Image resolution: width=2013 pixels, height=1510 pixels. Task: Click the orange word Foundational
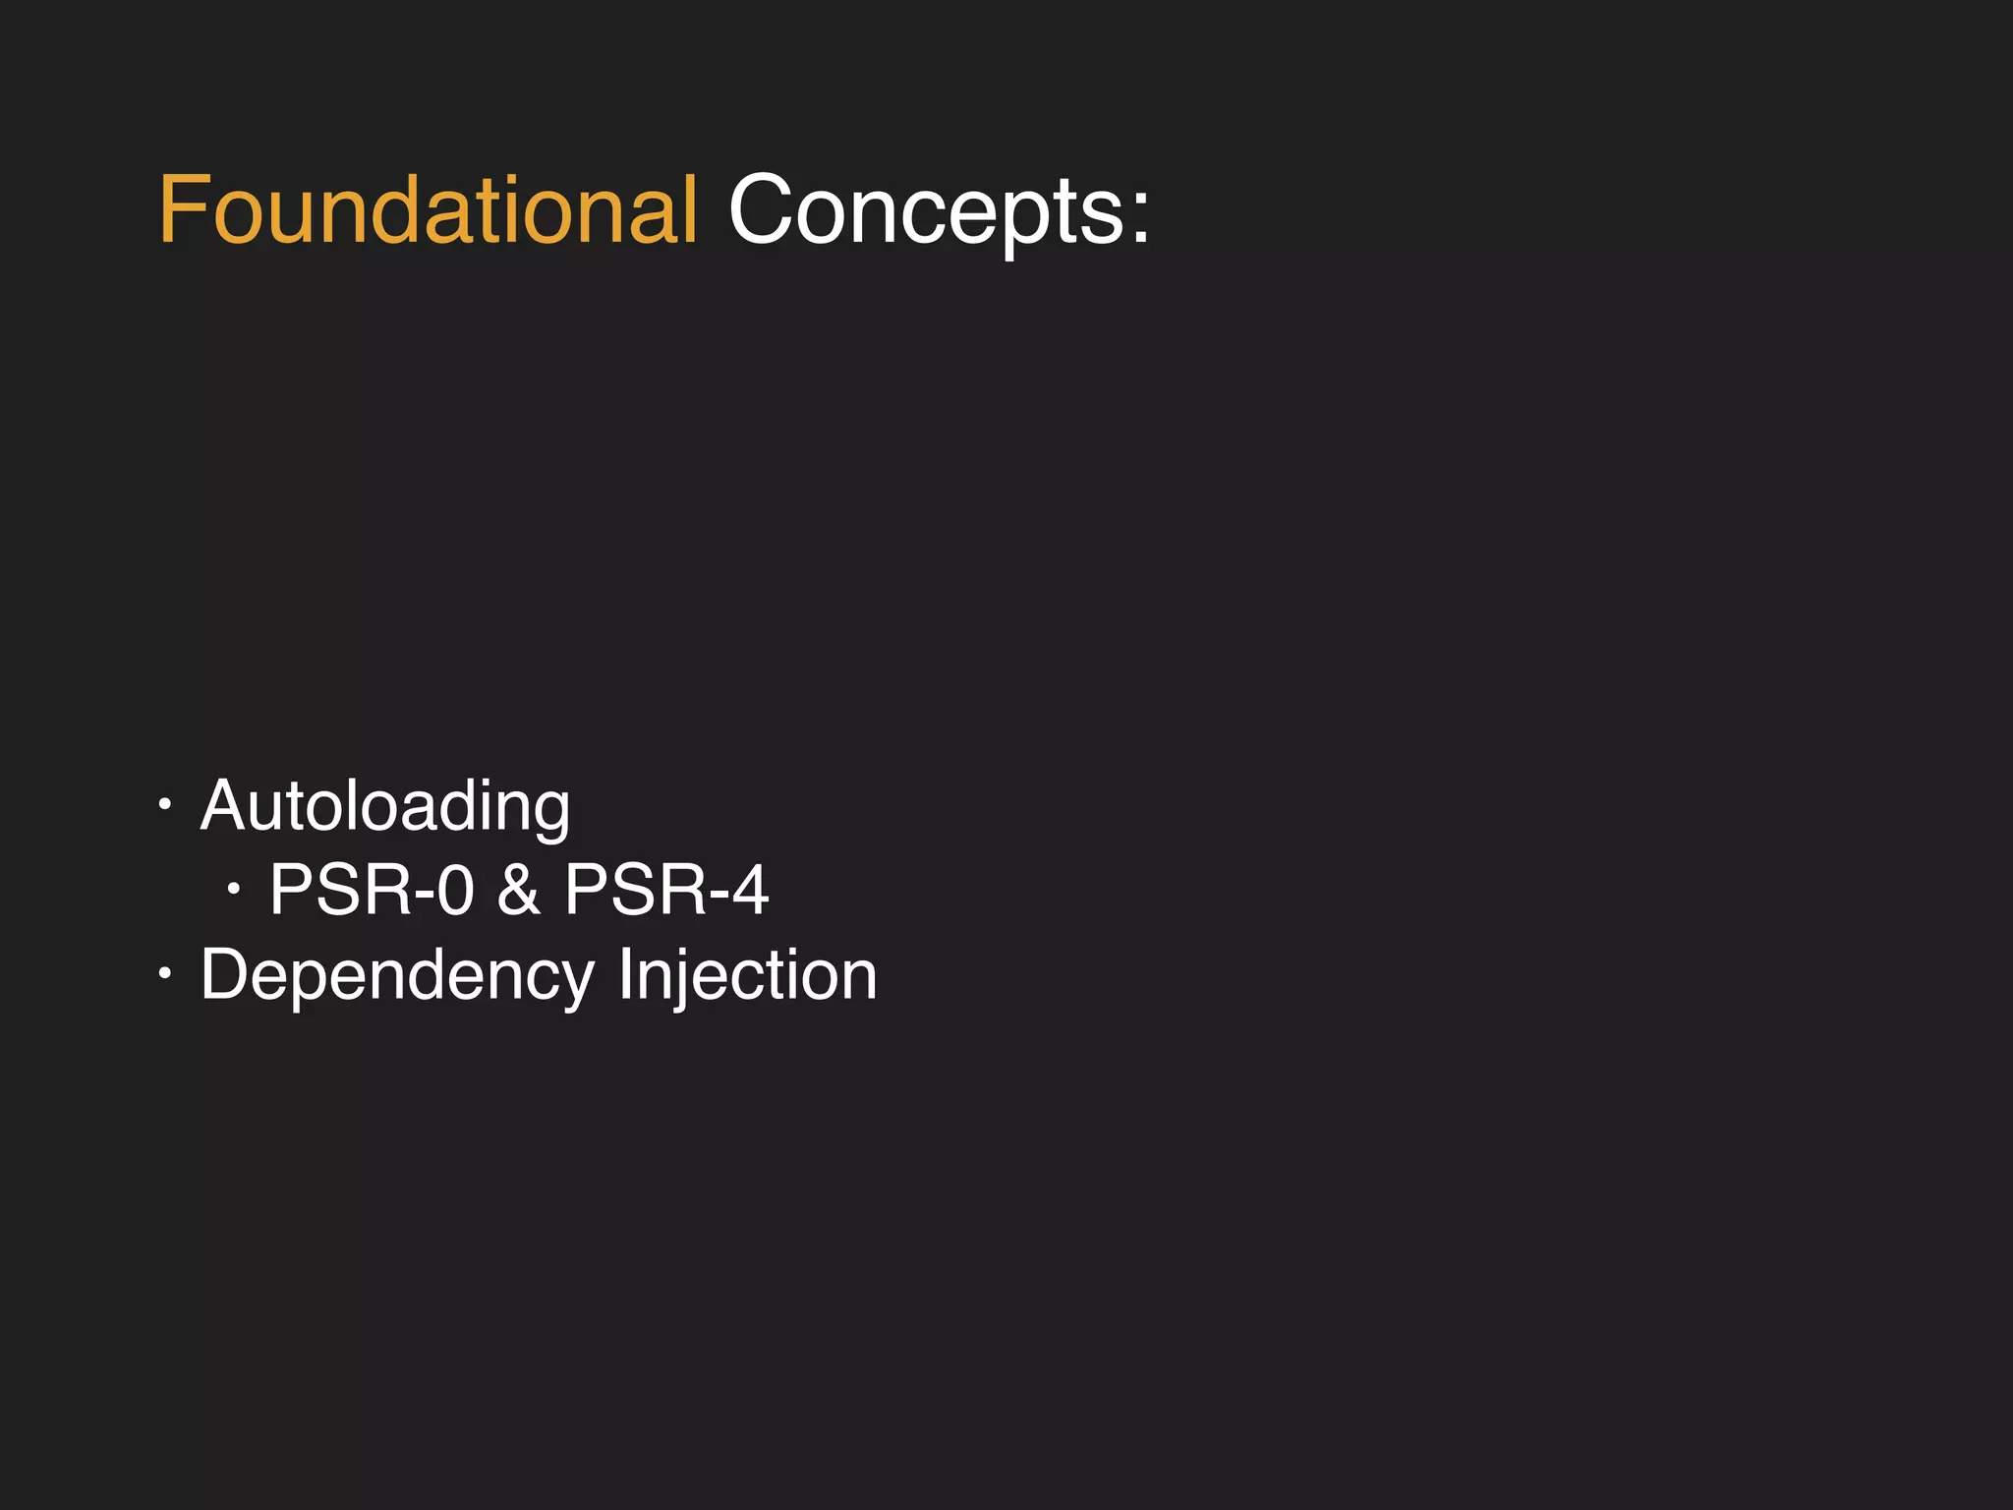pos(428,210)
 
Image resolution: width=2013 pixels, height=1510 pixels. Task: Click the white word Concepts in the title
pos(926,210)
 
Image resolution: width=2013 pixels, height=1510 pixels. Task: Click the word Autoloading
pos(384,807)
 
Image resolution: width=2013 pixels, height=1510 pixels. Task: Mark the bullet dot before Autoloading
pos(165,805)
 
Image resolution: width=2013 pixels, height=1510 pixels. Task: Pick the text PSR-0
pos(372,891)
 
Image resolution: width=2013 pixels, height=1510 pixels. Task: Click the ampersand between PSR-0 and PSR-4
pos(518,891)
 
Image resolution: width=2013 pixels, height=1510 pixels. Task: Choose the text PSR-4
pos(666,891)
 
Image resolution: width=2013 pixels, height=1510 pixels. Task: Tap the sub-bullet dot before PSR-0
pos(233,890)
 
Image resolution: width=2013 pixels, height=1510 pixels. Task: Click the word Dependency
pos(397,975)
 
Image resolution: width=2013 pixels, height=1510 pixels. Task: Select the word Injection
pos(747,975)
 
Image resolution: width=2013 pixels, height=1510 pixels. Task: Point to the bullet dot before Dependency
pos(165,974)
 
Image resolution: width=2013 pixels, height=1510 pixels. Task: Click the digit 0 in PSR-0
pos(455,891)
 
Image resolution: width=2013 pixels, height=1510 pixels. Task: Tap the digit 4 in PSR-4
pos(750,891)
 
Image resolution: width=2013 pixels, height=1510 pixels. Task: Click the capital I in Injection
pos(625,975)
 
